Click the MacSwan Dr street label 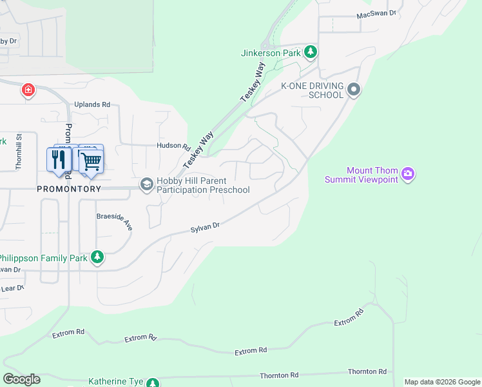376,14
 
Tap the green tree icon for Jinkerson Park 311,52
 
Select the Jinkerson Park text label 271,53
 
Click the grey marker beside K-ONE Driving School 353,90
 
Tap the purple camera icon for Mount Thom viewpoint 407,174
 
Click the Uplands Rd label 92,104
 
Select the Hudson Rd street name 173,146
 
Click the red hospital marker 28,90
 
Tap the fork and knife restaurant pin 59,159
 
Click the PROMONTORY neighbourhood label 69,189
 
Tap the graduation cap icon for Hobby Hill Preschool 146,185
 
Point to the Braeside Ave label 114,222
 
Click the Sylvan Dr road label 206,227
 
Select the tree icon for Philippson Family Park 97,257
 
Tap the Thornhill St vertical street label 19,151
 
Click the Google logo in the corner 22,379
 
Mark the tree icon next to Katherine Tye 153,382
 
